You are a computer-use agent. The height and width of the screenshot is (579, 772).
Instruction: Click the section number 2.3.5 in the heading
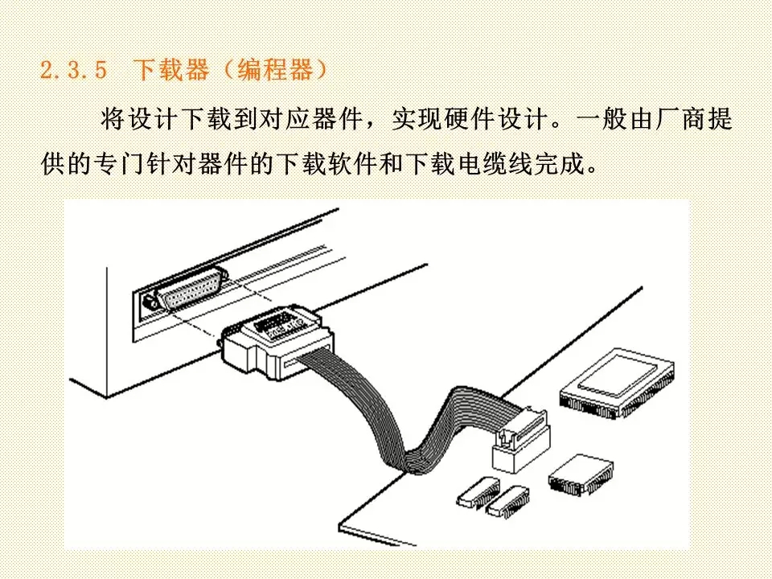(x=73, y=70)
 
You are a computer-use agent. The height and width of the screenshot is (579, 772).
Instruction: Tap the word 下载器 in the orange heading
(x=171, y=70)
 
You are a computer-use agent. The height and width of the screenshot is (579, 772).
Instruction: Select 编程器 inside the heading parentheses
(x=275, y=70)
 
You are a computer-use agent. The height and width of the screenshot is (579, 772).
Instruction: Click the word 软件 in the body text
(x=353, y=163)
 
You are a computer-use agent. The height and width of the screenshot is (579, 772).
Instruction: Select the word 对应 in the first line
(x=285, y=119)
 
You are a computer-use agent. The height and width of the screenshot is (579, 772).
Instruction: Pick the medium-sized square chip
(x=581, y=475)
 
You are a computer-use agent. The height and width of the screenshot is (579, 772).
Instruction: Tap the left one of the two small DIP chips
(x=478, y=492)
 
